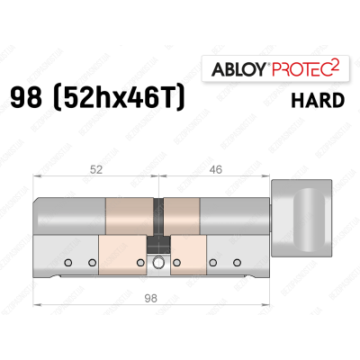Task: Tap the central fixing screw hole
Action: (x=159, y=263)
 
